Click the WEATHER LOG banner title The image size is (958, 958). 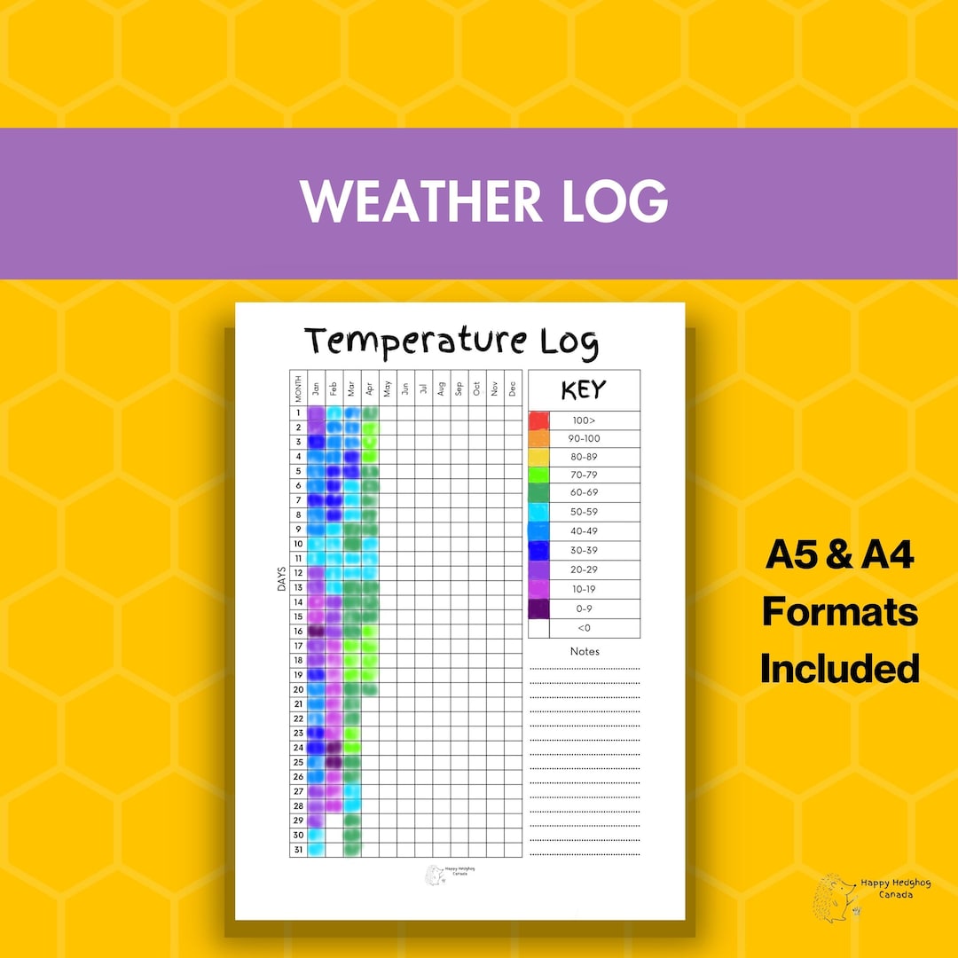click(483, 202)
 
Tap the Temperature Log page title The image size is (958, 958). click(452, 342)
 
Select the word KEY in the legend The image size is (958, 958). click(584, 390)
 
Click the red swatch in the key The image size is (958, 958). click(538, 420)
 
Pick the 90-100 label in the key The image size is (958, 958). click(585, 439)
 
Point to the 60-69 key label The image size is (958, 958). click(585, 493)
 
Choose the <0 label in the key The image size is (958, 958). click(585, 628)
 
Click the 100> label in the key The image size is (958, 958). click(585, 420)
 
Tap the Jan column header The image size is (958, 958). click(316, 388)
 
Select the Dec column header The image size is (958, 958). click(512, 388)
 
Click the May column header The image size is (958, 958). click(387, 388)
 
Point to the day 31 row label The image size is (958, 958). click(298, 849)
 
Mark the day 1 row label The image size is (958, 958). click(298, 412)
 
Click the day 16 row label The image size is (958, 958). click(298, 631)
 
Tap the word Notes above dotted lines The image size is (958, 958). click(585, 651)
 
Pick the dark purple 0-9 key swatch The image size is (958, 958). click(538, 609)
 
